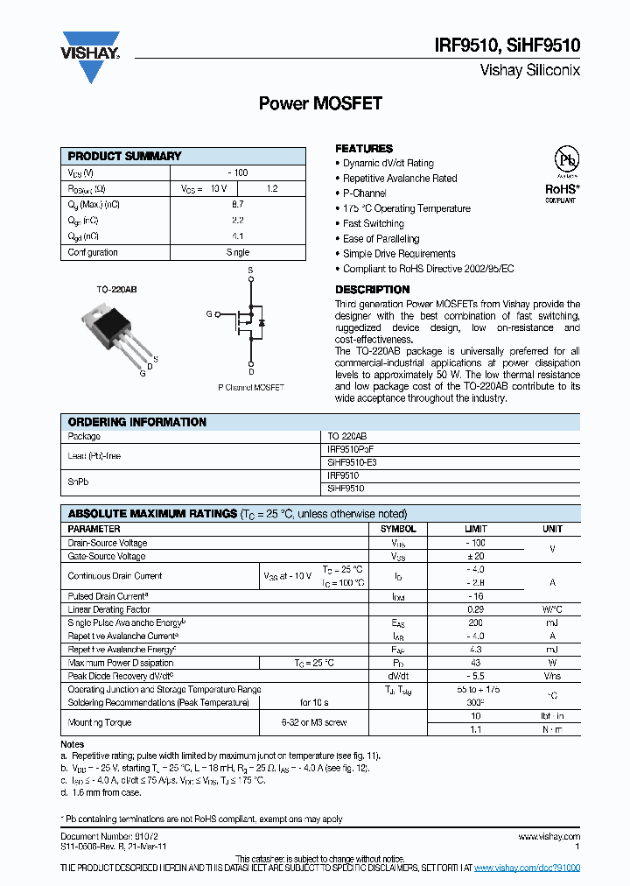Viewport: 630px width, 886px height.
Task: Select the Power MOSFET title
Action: pos(320,103)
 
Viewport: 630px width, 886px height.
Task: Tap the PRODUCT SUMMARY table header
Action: pos(124,156)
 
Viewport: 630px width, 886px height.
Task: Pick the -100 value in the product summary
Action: pos(237,172)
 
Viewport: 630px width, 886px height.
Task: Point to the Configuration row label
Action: pos(93,252)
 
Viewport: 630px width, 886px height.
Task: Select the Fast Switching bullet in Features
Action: pos(373,223)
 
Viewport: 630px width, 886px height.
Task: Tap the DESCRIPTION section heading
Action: pos(372,290)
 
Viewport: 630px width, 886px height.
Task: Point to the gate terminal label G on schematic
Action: pos(209,313)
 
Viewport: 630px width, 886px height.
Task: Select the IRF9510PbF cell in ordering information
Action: pos(350,448)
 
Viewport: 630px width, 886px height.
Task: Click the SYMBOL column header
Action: pos(397,529)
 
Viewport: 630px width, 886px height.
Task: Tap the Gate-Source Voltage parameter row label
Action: pos(107,556)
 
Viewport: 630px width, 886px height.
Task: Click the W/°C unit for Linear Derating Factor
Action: pos(552,608)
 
